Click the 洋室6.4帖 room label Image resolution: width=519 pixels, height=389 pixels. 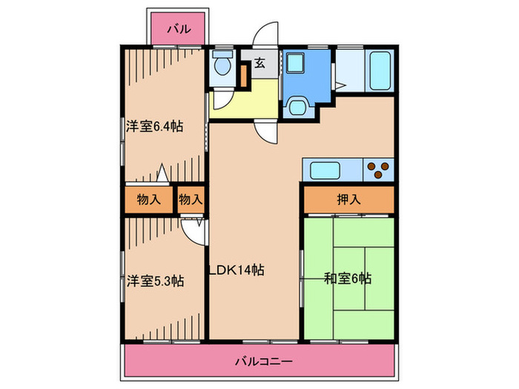(154, 127)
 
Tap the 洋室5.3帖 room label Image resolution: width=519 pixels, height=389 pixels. (155, 281)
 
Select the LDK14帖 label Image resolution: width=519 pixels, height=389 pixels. (237, 270)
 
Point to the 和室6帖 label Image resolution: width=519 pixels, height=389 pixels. (347, 279)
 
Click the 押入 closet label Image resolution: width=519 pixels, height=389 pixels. (348, 199)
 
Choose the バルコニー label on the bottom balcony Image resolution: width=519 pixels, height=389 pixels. (264, 361)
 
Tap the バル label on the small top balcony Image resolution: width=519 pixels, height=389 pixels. (179, 29)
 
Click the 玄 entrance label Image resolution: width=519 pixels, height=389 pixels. (259, 62)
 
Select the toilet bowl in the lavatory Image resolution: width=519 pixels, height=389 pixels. (222, 63)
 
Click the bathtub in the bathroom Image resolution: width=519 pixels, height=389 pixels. (380, 71)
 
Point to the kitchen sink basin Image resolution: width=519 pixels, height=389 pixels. (325, 170)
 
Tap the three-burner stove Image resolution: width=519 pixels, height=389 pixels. (378, 170)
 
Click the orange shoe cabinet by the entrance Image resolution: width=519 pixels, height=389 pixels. (244, 76)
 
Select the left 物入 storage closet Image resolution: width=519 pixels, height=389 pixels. (149, 200)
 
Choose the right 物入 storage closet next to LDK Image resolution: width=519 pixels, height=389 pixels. (191, 200)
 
